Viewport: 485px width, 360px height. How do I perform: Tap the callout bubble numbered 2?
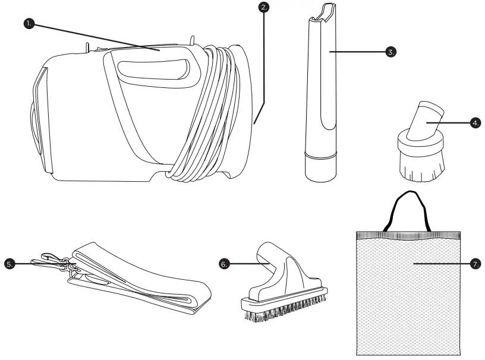(x=264, y=8)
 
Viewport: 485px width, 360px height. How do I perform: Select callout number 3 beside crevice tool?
(x=390, y=52)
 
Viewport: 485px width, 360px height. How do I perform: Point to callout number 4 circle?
(x=475, y=123)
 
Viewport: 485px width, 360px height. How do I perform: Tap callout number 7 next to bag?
(x=475, y=263)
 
